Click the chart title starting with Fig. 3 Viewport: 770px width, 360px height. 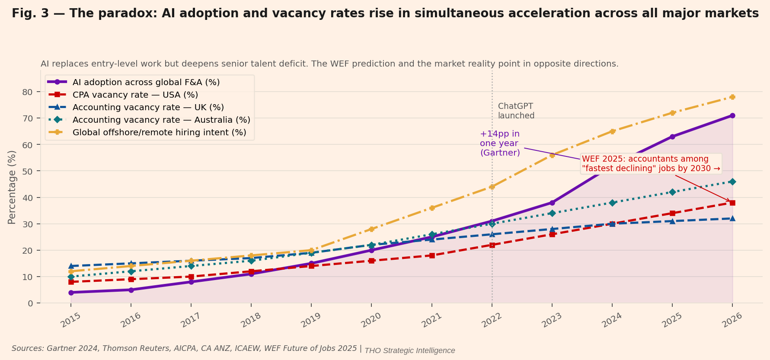[385, 13]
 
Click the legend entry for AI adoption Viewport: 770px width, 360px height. [146, 82]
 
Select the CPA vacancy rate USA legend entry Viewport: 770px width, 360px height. [135, 95]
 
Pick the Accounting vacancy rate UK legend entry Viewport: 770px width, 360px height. [148, 107]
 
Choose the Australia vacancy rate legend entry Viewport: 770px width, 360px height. [161, 120]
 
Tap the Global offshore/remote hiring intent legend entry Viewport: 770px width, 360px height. [159, 132]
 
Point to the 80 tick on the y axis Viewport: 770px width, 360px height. [28, 92]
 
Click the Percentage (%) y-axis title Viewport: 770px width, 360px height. [12, 187]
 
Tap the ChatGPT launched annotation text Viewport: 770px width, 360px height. [516, 111]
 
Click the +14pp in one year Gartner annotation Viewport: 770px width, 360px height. [500, 143]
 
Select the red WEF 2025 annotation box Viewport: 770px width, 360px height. [651, 164]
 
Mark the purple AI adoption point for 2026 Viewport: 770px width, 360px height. [732, 115]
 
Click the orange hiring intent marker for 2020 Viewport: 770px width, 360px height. [371, 229]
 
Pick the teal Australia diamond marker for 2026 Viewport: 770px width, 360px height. [732, 182]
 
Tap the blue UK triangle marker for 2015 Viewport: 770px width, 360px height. [71, 266]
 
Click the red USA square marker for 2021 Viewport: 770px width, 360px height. [432, 255]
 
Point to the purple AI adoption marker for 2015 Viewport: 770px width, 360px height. [71, 293]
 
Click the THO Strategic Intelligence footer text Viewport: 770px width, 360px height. [409, 350]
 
